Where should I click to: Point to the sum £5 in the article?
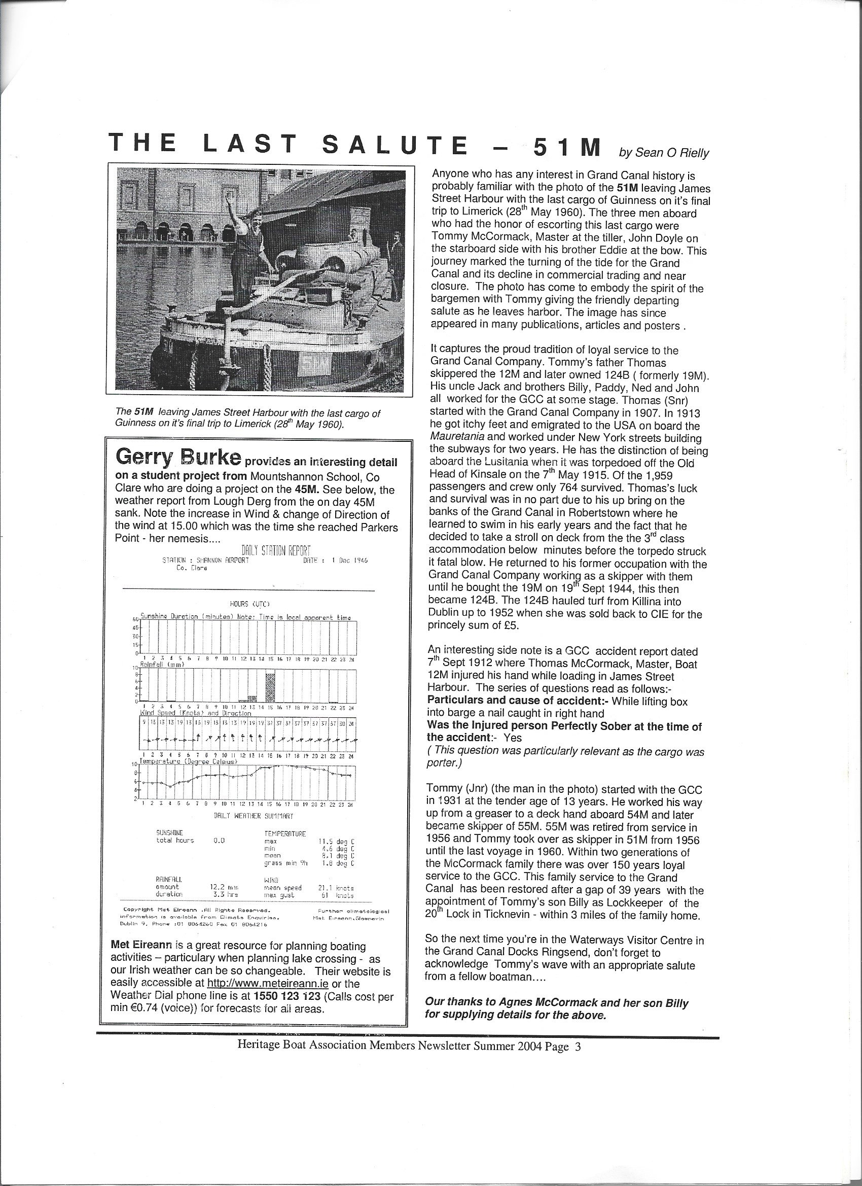click(x=510, y=625)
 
